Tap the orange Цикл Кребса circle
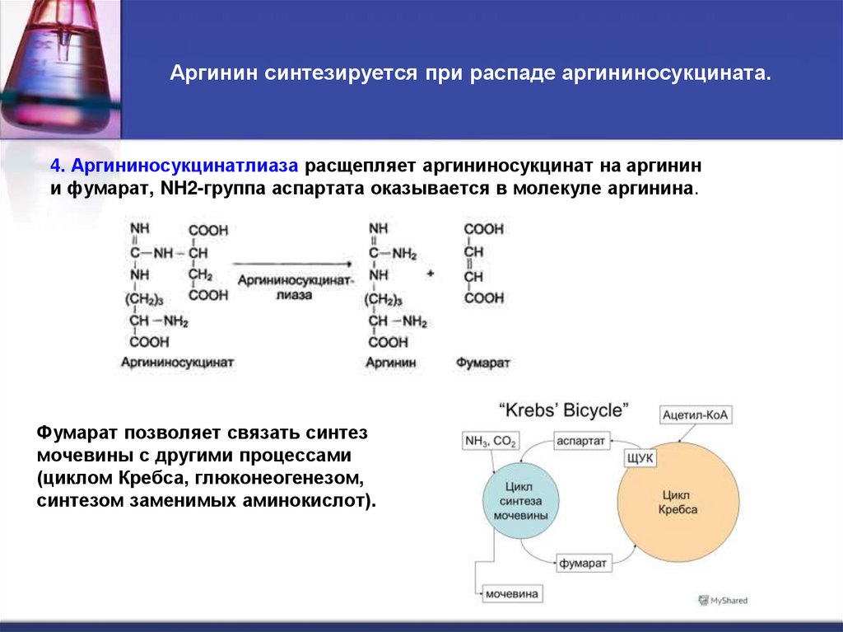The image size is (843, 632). pyautogui.click(x=678, y=503)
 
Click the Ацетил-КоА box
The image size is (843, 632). pyautogui.click(x=696, y=415)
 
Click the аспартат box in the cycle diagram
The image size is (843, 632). pyautogui.click(x=581, y=442)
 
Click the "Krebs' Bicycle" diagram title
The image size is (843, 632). pyautogui.click(x=564, y=409)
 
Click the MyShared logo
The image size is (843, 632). pyautogui.click(x=722, y=601)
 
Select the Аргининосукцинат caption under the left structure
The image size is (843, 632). pyautogui.click(x=177, y=362)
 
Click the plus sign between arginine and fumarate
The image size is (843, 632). pyautogui.click(x=430, y=273)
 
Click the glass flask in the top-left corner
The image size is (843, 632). pyautogui.click(x=49, y=58)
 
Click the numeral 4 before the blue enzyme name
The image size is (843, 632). pyautogui.click(x=55, y=165)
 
